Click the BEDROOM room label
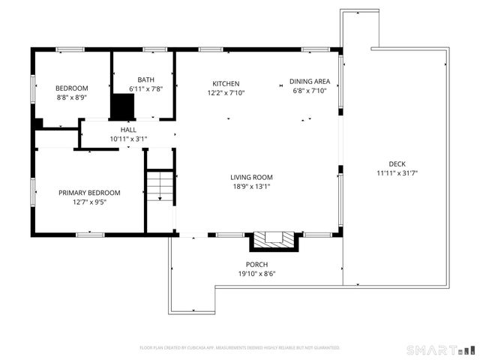tap(73, 88)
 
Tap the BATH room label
tap(146, 80)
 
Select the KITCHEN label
tap(226, 83)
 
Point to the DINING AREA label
tap(310, 82)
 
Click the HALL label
tap(128, 130)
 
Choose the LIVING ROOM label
tap(250, 178)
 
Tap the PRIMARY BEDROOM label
tap(89, 193)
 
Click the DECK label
tap(397, 164)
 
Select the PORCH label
tap(256, 265)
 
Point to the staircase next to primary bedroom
tap(159, 186)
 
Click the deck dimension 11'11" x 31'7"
tap(397, 173)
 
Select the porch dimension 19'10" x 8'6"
tap(256, 274)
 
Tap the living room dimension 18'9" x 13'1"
tap(250, 187)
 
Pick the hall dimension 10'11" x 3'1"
tap(128, 139)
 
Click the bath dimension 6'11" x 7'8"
tap(146, 89)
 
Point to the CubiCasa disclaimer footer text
tap(240, 348)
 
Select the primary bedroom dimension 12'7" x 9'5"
tap(89, 202)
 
